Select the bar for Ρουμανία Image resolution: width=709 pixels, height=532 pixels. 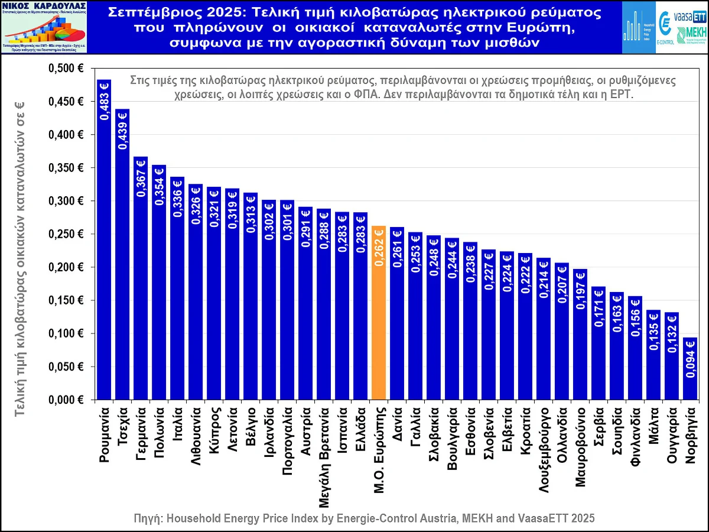(x=104, y=248)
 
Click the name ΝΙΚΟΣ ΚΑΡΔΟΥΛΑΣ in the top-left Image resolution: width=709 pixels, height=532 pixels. (x=45, y=7)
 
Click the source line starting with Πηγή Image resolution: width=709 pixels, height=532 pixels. (x=365, y=518)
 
